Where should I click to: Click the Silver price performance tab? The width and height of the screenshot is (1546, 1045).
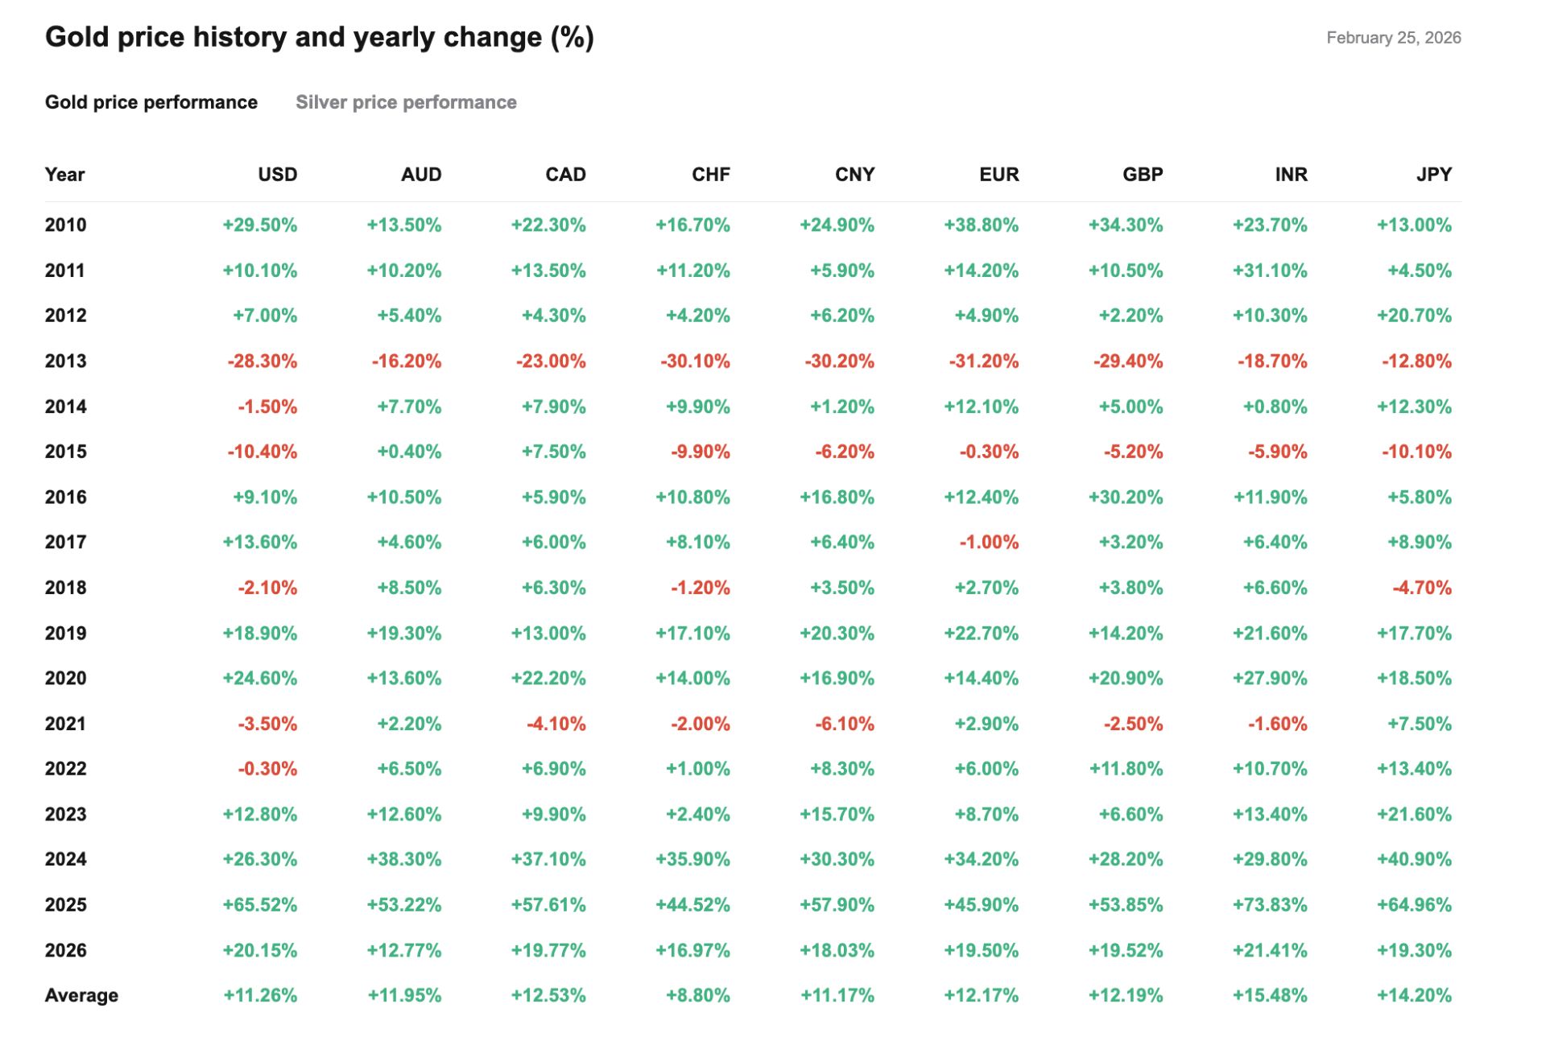406,102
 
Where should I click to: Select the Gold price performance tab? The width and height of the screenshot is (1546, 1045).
151,102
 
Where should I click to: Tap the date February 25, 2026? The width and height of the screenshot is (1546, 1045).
1393,38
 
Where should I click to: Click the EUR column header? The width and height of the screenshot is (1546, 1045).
998,175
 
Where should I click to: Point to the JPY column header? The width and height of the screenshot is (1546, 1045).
1434,175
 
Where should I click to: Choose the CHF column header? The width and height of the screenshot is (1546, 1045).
711,175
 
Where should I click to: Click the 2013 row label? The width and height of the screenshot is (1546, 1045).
66,361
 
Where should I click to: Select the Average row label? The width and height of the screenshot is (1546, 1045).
81,995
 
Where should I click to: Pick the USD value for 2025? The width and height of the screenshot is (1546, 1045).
260,905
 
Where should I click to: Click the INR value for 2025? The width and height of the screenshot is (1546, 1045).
1270,905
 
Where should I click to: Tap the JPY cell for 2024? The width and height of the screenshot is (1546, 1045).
1414,859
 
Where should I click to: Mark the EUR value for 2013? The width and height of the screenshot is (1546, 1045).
984,361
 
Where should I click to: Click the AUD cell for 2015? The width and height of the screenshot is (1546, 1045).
409,452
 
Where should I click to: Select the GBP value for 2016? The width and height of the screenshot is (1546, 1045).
1126,497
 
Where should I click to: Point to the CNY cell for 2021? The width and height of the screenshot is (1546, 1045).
845,724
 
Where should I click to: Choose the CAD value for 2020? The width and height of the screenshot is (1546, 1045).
548,678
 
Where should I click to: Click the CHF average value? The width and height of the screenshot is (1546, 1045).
698,995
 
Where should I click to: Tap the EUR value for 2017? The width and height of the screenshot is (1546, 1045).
989,542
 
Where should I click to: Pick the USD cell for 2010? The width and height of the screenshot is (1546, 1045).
260,225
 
